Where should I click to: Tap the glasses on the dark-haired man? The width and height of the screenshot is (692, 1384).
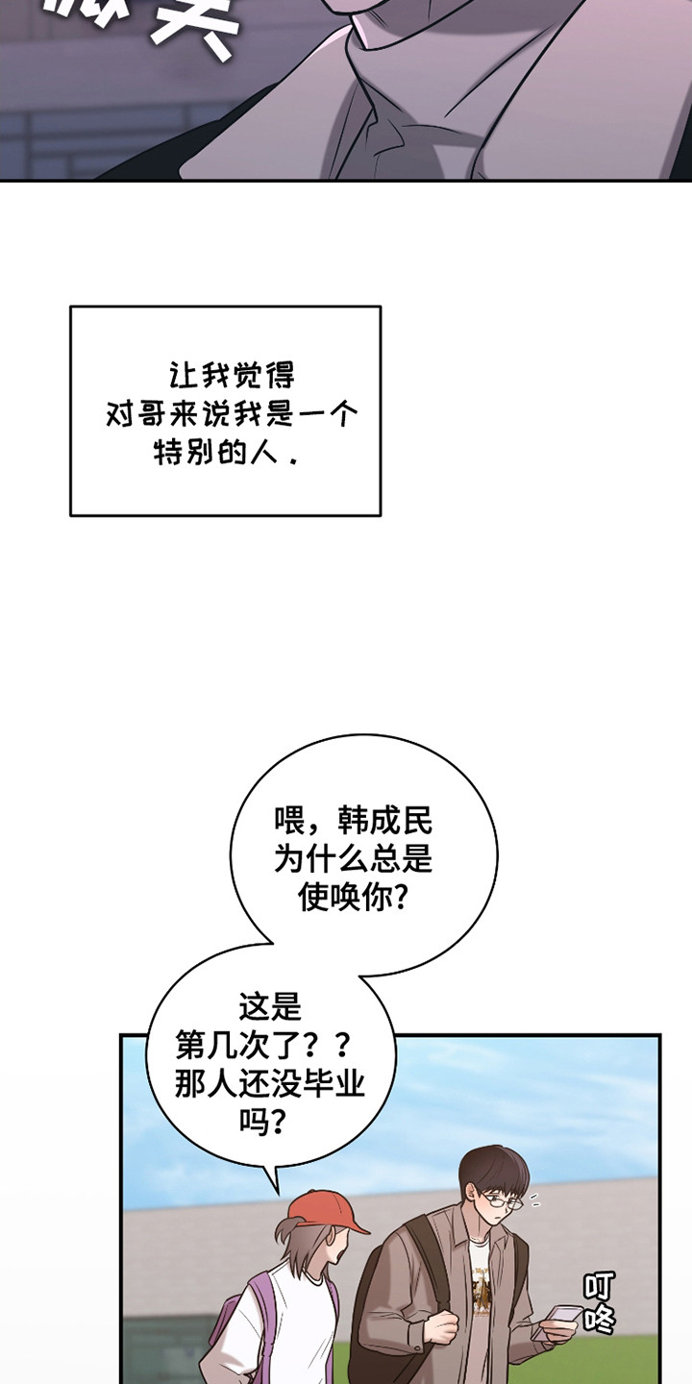coord(501,1200)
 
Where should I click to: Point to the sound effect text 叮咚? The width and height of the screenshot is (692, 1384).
coord(598,1302)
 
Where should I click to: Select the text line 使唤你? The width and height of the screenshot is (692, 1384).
coord(353,899)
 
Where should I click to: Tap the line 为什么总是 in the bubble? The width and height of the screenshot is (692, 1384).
coord(353,860)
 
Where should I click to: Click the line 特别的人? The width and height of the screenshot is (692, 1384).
coord(225,453)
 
